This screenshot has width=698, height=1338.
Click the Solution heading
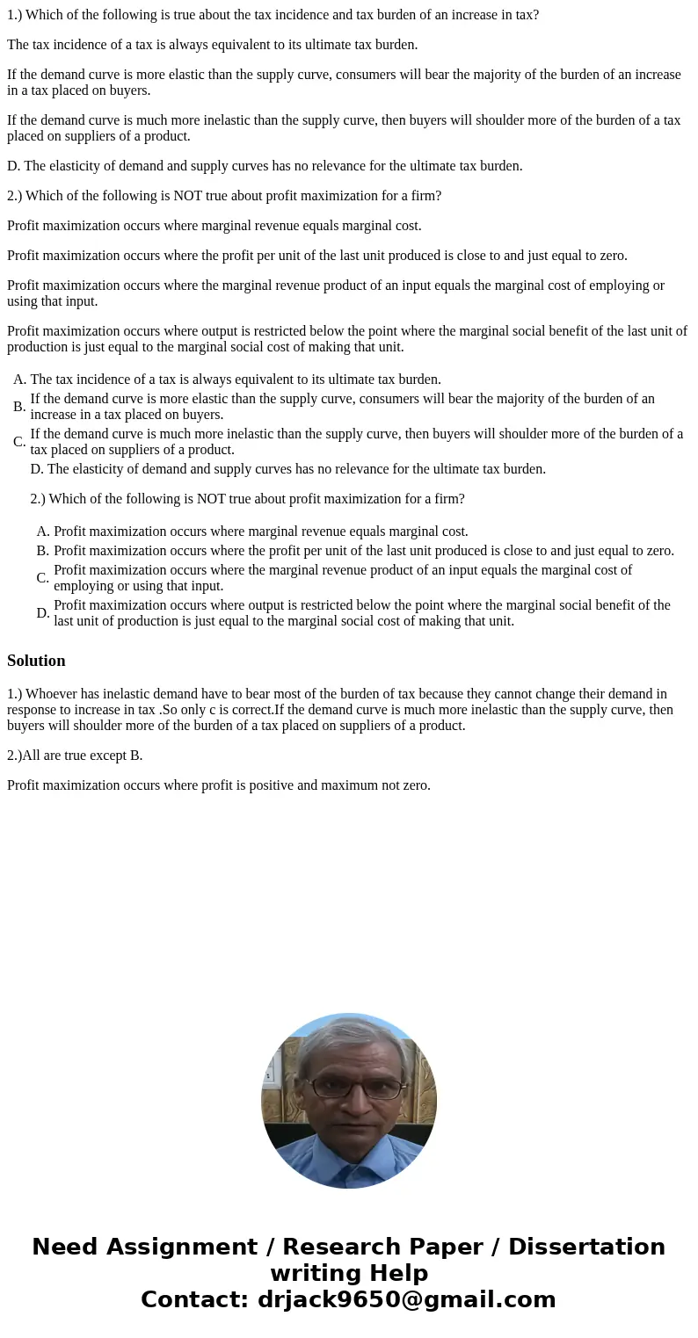click(x=36, y=661)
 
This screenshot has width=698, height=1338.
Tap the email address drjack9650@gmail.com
click(x=406, y=1300)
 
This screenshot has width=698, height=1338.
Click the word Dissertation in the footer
click(x=586, y=1248)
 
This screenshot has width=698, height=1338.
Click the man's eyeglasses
click(x=349, y=1088)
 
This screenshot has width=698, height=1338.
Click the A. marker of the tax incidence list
click(x=20, y=380)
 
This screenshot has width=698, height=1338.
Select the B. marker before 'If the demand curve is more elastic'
click(x=19, y=407)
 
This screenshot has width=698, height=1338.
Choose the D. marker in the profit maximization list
click(x=43, y=613)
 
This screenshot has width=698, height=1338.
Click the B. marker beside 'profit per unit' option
click(x=43, y=551)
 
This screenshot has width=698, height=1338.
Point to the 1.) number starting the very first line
click(x=15, y=15)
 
